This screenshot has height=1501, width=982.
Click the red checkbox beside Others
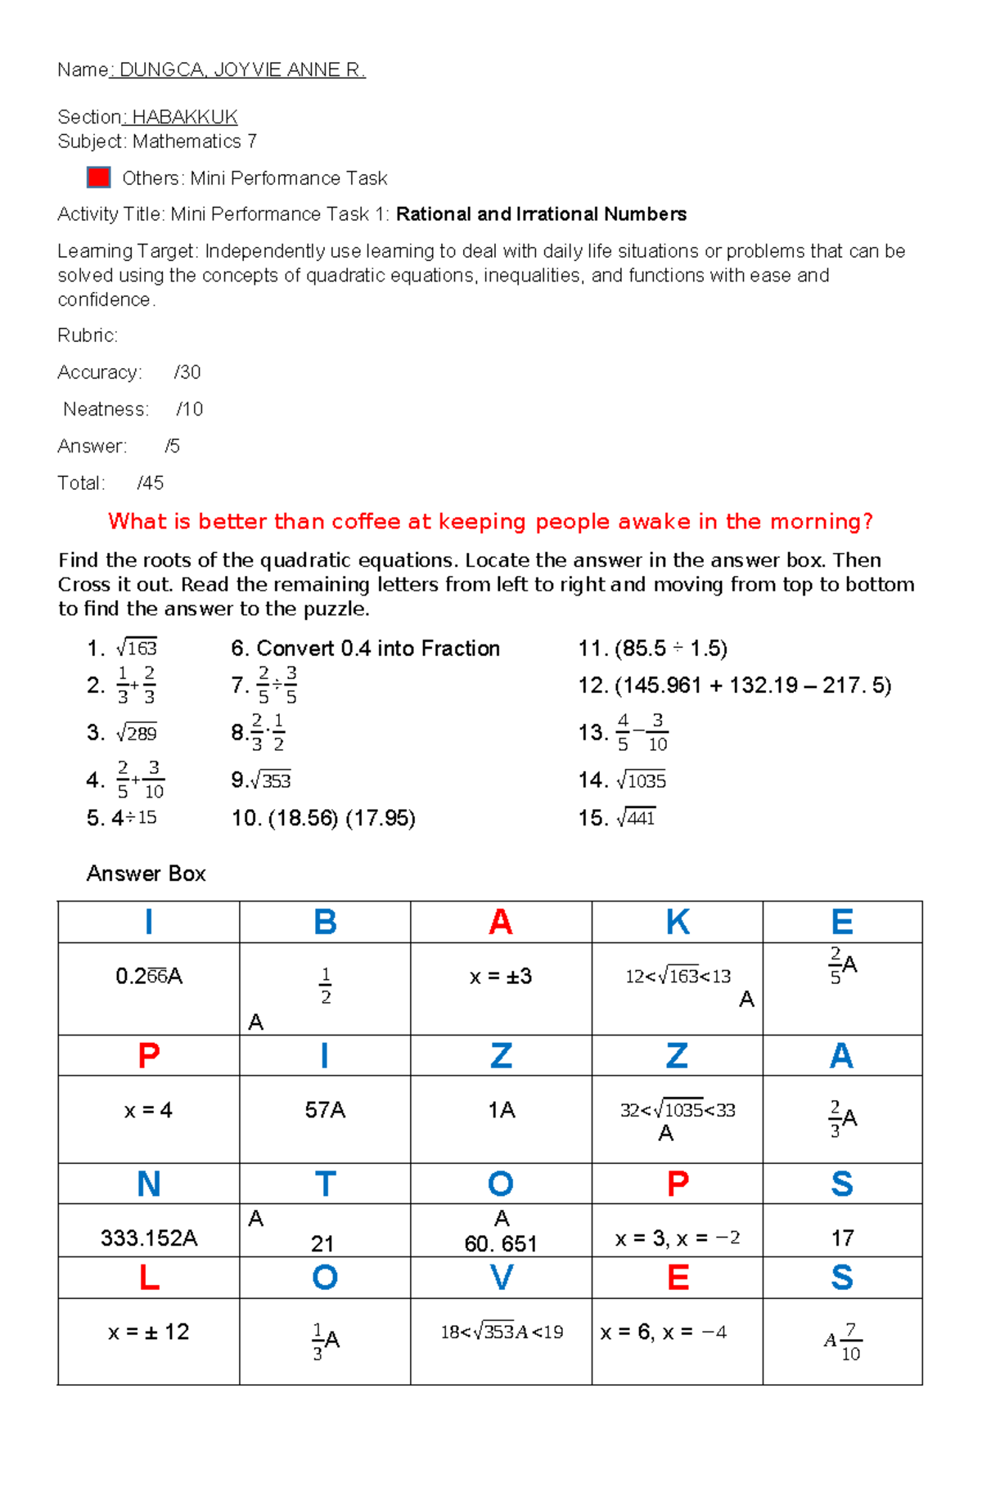pos(98,178)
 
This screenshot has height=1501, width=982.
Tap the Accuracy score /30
pos(187,372)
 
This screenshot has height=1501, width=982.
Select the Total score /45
pos(151,483)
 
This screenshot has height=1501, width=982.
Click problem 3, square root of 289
pos(122,732)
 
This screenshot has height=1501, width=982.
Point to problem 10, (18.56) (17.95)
pos(323,818)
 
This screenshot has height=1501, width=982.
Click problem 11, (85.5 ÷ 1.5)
pos(652,649)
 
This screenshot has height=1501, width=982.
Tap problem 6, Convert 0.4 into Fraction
pos(365,649)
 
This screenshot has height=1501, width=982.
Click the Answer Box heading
pos(146,874)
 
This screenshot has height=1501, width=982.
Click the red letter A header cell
pos(501,922)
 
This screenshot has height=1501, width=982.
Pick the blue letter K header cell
pos(678,922)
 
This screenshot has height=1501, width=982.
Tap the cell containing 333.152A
pos(149,1238)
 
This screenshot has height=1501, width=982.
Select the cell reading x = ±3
pos(501,977)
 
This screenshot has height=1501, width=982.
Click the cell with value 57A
pos(325,1110)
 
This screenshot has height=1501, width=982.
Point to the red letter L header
pos(149,1278)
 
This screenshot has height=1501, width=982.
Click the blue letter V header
pos(501,1278)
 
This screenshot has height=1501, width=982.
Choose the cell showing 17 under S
pos(842,1238)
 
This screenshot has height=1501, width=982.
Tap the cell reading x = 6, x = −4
pos(664,1332)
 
